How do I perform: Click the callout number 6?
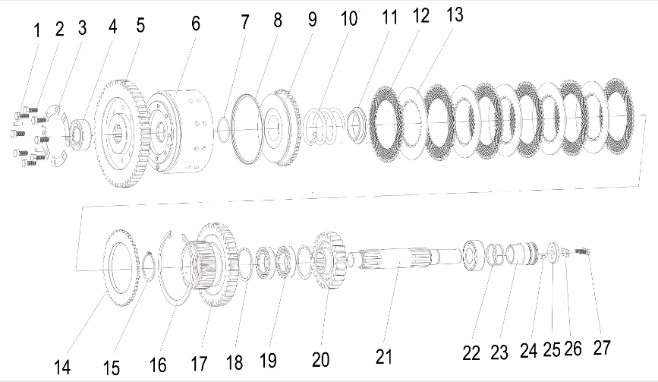pyautogui.click(x=196, y=24)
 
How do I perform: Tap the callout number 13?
pyautogui.click(x=455, y=14)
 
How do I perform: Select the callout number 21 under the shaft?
pyautogui.click(x=384, y=357)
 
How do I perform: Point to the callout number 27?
pyautogui.click(x=602, y=348)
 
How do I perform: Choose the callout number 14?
pyautogui.click(x=62, y=368)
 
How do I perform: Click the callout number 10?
pyautogui.click(x=348, y=19)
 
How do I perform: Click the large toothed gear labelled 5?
pyautogui.click(x=121, y=133)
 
